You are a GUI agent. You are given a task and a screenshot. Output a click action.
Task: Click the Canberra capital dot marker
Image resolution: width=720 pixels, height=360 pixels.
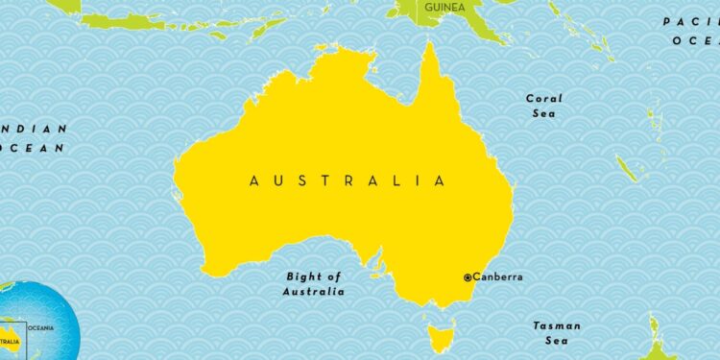tap(468, 277)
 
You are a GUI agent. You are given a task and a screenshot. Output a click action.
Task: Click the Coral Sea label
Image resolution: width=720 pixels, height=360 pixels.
tap(544, 106)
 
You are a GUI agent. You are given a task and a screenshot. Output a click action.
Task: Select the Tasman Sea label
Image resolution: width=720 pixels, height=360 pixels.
tap(557, 333)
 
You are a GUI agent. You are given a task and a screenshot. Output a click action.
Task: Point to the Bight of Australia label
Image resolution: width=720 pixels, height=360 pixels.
tap(313, 283)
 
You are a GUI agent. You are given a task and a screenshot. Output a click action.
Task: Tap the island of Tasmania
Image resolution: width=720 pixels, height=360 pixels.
tap(442, 336)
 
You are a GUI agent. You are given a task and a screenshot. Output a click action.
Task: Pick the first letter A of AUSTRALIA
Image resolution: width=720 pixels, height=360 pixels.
tap(253, 180)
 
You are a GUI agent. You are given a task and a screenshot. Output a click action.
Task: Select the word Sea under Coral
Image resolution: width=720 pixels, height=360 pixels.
tap(544, 114)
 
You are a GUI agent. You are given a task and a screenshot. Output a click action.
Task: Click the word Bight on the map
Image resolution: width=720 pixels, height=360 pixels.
tap(302, 276)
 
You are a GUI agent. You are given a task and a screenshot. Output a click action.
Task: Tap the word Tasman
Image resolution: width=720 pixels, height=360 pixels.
tap(557, 325)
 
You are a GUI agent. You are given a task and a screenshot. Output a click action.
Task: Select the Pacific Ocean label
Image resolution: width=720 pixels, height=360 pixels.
tap(691, 31)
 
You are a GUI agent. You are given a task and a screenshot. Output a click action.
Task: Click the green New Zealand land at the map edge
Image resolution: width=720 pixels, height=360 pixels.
tap(657, 335)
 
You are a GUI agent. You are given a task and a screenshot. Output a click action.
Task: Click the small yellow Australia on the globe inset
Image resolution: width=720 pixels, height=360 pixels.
tap(12, 336)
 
